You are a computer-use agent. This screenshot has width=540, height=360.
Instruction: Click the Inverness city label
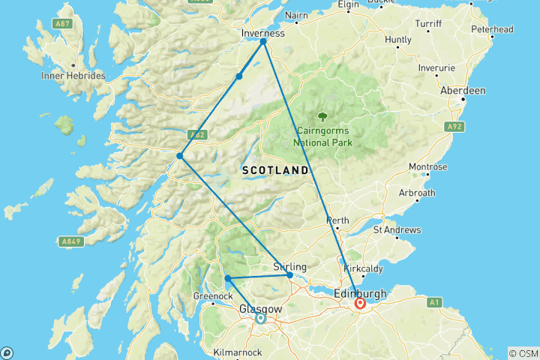[263, 34]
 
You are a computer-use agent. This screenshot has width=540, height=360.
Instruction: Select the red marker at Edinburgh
[361, 303]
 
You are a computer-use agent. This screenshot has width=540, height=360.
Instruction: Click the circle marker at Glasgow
[260, 319]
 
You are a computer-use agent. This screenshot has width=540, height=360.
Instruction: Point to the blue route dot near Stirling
[290, 275]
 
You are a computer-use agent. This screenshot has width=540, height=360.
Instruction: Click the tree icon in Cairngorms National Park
[322, 116]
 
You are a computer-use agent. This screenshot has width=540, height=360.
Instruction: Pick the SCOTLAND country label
[275, 171]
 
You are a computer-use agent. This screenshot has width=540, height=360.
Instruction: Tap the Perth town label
[337, 220]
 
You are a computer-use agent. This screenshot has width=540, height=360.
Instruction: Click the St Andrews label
[397, 230]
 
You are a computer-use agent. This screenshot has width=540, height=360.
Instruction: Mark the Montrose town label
[427, 166]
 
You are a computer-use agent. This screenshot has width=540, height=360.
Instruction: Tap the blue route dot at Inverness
[263, 42]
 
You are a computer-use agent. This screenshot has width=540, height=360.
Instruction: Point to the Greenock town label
[211, 295]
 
